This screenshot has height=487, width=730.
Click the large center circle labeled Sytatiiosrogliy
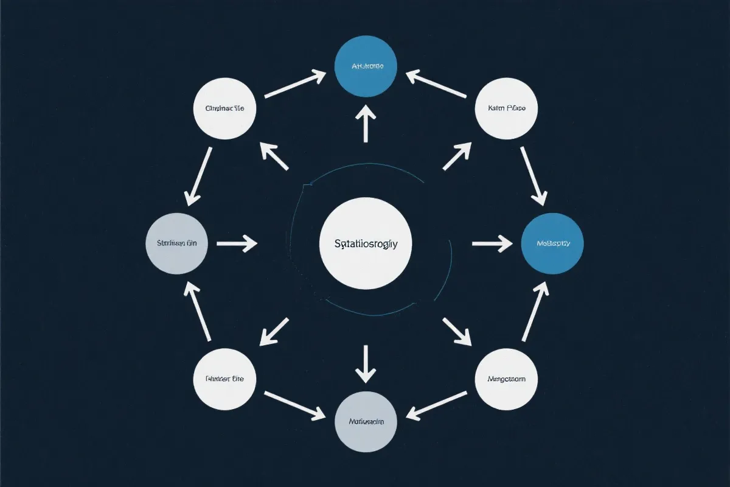coord(365,243)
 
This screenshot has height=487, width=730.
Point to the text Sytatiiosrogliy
coord(366,243)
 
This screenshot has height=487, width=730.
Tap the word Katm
coord(497,108)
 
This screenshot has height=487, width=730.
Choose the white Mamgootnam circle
coord(505,379)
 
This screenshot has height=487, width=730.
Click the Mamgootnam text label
coord(505,379)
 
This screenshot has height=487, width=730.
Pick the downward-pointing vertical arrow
coord(365,363)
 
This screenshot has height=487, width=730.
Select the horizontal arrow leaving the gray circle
coord(237,243)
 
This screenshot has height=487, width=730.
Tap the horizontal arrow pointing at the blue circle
coord(493,243)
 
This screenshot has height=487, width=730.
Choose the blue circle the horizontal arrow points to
coord(552,243)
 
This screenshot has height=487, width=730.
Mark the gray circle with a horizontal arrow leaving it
coord(177,243)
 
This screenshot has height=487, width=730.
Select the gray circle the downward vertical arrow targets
coord(365,421)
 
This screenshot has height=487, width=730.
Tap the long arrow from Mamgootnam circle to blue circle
coord(534,312)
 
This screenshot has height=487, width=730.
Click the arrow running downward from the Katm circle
coord(534,175)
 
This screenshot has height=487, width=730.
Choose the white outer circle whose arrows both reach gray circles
coord(224,379)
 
